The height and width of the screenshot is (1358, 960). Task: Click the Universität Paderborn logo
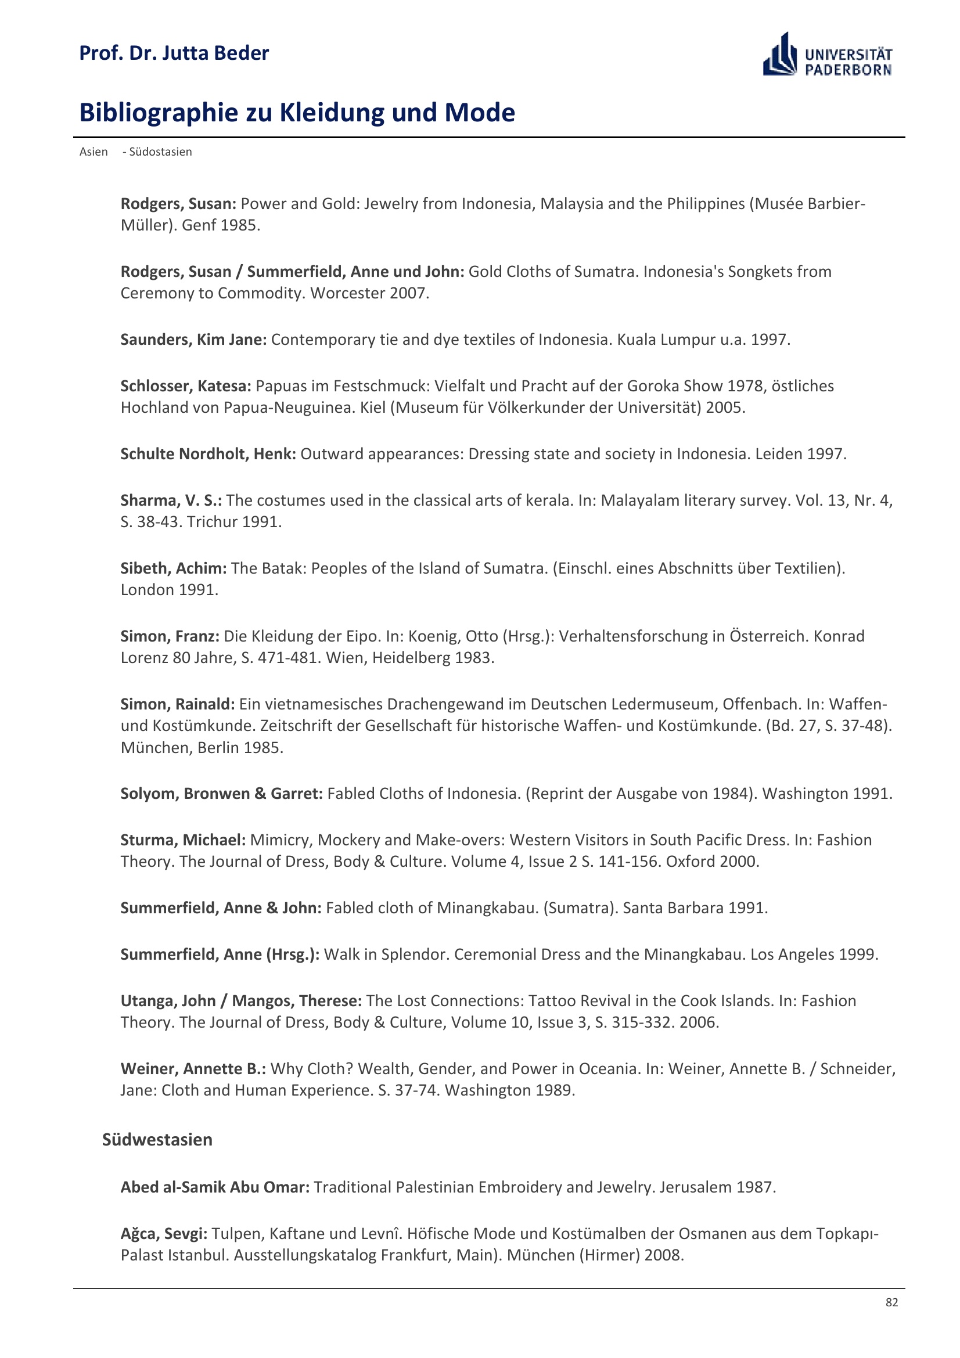point(827,55)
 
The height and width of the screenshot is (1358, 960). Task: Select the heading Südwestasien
point(157,1140)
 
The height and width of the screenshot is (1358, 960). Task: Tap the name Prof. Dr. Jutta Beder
point(174,53)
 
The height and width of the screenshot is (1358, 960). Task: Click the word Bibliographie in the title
point(159,113)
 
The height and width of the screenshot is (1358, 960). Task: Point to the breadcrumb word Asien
point(94,152)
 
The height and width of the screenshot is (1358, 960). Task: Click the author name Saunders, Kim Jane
point(193,340)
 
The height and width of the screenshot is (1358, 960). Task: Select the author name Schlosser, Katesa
point(186,386)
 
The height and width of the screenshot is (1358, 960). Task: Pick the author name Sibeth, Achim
point(173,568)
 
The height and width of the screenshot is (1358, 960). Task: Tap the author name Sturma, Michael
point(183,840)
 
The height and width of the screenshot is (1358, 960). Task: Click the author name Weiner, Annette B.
point(193,1069)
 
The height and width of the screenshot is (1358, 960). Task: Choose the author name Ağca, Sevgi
point(164,1234)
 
